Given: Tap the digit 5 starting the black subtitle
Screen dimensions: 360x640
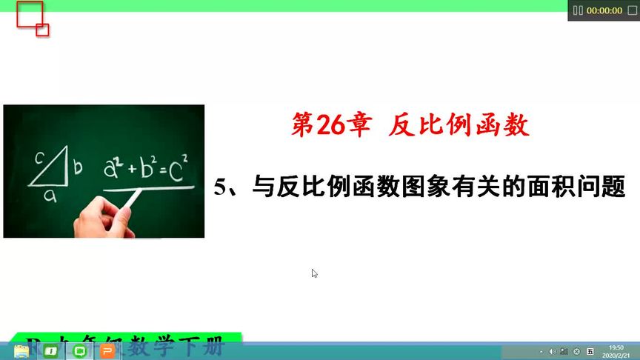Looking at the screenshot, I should click(219, 186).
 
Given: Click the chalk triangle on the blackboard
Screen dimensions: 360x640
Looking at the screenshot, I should click(50, 170).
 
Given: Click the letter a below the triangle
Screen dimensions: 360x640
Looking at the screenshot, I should click(49, 195).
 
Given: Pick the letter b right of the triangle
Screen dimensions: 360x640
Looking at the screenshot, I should click(76, 170).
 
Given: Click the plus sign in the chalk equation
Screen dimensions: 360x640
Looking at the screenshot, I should click(132, 170).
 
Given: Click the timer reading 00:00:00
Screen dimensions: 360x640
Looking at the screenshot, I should click(604, 10).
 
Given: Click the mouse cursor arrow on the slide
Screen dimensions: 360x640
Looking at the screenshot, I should click(315, 273).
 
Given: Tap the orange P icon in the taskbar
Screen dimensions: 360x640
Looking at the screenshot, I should click(107, 351).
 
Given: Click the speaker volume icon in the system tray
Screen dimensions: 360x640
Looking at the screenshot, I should click(552, 351).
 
